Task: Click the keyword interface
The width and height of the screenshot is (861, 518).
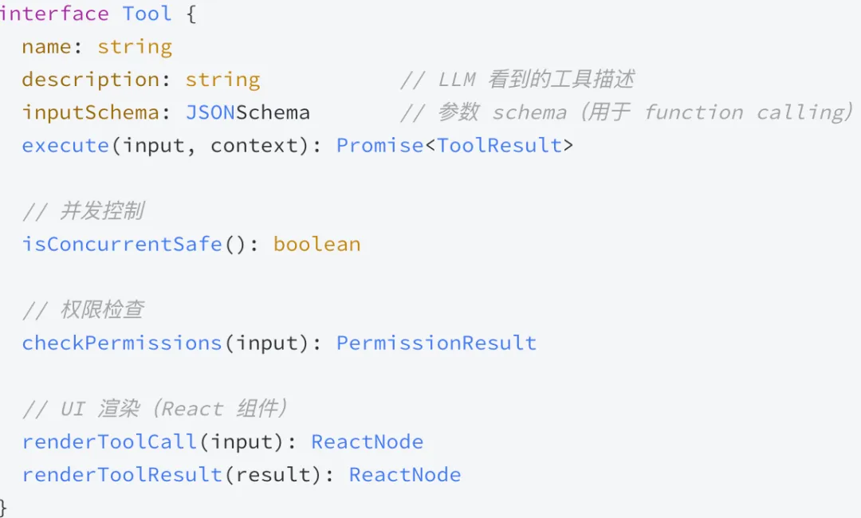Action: pyautogui.click(x=54, y=14)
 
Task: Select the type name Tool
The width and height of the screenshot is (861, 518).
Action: pyautogui.click(x=147, y=14)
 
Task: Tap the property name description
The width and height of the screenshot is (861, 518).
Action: pyautogui.click(x=90, y=80)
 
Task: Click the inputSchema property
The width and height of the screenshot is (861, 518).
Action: pyautogui.click(x=90, y=112)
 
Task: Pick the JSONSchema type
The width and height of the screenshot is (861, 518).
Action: pyautogui.click(x=247, y=112)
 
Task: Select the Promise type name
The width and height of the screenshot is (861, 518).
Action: pyautogui.click(x=380, y=145)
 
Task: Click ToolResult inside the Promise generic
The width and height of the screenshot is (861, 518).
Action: pyautogui.click(x=499, y=145)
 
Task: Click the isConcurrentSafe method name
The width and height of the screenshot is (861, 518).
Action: pyautogui.click(x=121, y=244)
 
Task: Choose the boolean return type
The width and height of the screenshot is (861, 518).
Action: pyautogui.click(x=316, y=244)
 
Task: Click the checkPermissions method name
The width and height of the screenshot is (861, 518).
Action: pyautogui.click(x=121, y=343)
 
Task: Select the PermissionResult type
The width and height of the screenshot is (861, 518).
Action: pyautogui.click(x=436, y=343)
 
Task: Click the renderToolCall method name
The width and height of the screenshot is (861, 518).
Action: pyautogui.click(x=109, y=441)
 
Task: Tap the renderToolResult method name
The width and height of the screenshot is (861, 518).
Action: pyautogui.click(x=122, y=474)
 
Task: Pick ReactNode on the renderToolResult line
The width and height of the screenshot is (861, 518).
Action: pyautogui.click(x=405, y=474)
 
